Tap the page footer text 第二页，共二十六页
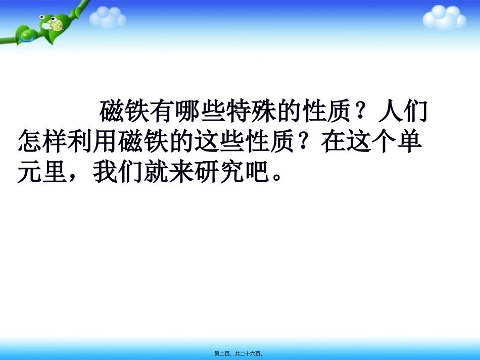239,354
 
